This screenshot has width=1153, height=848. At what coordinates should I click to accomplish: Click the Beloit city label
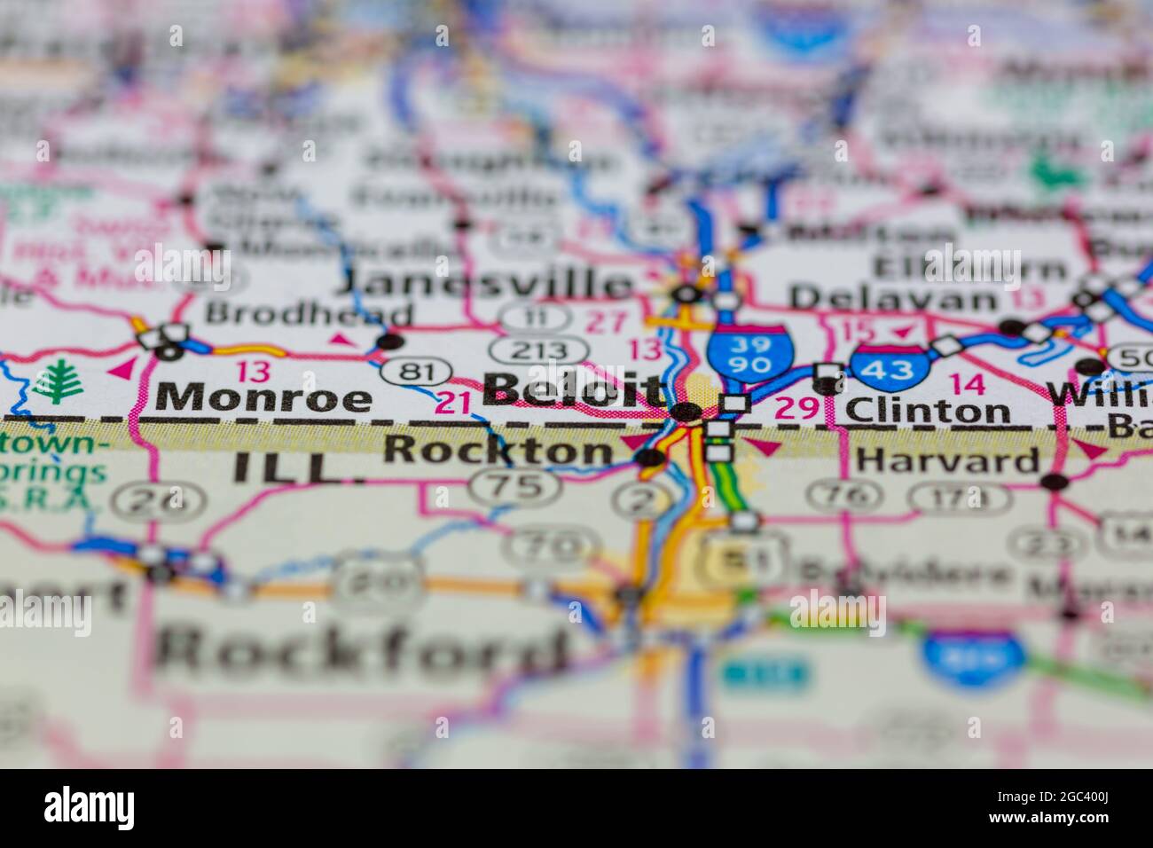coord(574,390)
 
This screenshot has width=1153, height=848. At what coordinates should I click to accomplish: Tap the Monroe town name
coord(263,398)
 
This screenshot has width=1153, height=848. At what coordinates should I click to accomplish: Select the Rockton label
coord(498,451)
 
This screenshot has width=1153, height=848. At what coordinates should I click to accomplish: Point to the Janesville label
coord(487,284)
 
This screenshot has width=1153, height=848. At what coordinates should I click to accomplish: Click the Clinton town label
coord(927,411)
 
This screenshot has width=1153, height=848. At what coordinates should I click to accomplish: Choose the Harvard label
coord(948,460)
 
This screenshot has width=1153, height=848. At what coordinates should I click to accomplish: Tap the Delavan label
coord(893,297)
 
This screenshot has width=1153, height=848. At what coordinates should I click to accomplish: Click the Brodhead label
coord(310,314)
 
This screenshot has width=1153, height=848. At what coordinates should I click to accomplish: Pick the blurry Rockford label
coord(362,652)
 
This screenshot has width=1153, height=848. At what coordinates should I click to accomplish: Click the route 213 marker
coord(540,348)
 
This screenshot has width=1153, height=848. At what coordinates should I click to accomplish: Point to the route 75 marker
coord(514,486)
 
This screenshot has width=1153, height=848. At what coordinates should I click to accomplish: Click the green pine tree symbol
coord(58,383)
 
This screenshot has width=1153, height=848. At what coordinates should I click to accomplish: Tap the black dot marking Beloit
coord(684,412)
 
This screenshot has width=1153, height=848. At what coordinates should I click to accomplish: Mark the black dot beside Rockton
coord(650,458)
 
